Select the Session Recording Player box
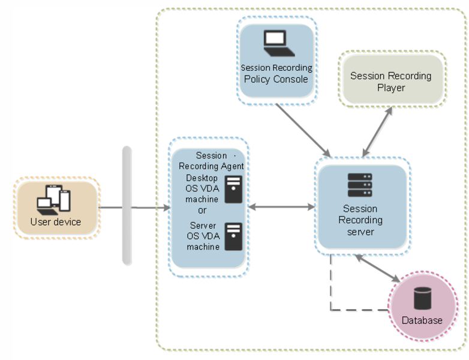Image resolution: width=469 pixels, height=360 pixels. (390, 82)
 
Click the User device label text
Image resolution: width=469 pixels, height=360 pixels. (56, 223)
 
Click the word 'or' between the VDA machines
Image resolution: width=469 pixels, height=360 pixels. (202, 211)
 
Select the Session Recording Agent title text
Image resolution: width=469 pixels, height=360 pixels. (211, 161)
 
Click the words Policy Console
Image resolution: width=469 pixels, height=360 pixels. (276, 79)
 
